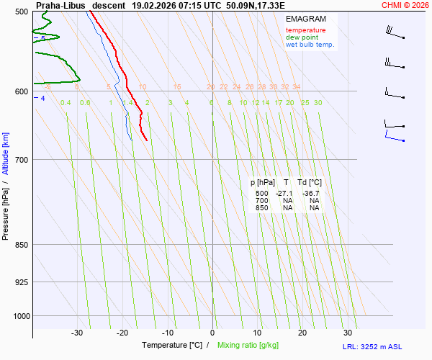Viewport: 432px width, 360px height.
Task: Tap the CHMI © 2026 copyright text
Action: coord(406,5)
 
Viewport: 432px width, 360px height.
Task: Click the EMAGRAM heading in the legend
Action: coord(305,19)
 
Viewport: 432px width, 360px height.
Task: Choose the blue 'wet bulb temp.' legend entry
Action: coord(310,45)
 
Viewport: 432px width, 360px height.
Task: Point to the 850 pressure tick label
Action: coord(20,245)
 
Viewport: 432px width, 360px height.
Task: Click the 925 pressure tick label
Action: coord(20,282)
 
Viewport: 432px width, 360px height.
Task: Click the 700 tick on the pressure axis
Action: coord(20,159)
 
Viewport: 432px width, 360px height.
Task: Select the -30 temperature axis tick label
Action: coord(77,333)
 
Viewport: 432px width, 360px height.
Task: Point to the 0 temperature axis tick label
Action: coord(212,333)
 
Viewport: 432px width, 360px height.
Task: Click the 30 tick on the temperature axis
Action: coord(348,333)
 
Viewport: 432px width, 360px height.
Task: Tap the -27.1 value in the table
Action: coord(284,194)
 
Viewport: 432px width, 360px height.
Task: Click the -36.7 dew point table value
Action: coord(311,194)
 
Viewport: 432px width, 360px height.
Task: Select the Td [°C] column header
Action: coord(310,183)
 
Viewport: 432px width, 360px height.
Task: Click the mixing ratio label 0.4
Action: coord(66,103)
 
